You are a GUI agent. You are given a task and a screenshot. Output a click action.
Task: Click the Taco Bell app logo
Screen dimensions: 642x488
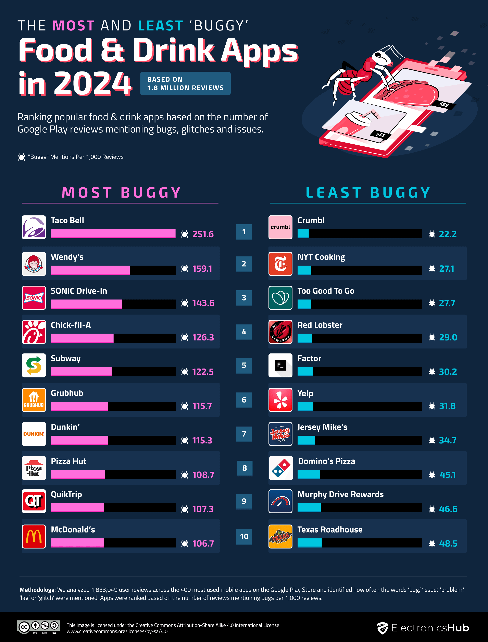click(x=34, y=227)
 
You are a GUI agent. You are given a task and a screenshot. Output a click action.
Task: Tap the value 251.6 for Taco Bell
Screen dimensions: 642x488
click(x=203, y=234)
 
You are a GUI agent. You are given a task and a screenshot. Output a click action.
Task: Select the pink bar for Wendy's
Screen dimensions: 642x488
click(x=90, y=270)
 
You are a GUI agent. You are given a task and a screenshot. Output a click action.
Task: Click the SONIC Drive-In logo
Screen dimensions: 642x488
click(x=34, y=298)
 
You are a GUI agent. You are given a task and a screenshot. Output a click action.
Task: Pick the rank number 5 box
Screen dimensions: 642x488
click(x=244, y=365)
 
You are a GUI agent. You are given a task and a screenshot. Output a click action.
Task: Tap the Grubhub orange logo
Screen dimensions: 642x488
click(x=34, y=400)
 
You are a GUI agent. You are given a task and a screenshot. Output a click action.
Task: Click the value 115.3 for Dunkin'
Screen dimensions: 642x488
click(x=202, y=440)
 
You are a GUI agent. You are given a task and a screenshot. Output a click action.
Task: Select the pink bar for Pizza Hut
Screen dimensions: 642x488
click(x=78, y=474)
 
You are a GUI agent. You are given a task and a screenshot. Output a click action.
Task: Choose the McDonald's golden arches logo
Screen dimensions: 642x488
click(x=34, y=536)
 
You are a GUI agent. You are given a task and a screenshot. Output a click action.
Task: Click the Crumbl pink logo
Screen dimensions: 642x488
click(x=280, y=227)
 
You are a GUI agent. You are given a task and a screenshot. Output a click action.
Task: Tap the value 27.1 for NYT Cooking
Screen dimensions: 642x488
click(x=447, y=269)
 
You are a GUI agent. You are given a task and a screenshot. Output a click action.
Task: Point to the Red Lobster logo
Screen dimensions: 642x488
click(x=280, y=332)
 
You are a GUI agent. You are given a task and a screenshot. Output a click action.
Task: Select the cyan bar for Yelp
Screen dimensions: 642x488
click(x=305, y=406)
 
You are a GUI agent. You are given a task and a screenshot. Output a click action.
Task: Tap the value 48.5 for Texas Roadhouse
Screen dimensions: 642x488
click(x=448, y=543)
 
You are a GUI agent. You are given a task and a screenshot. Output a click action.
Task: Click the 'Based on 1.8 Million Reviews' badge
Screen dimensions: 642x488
click(x=185, y=84)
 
